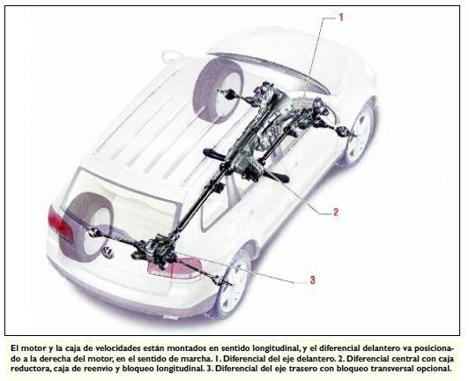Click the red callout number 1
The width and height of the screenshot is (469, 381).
tap(340, 17)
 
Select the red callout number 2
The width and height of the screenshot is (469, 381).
tap(336, 212)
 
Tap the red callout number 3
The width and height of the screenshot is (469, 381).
tap(312, 280)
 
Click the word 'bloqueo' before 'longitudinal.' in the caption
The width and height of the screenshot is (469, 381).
tap(137, 369)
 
